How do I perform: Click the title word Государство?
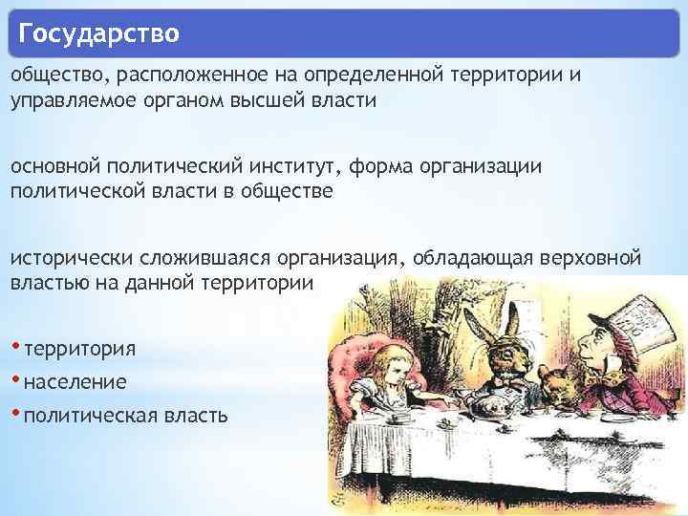click(98, 35)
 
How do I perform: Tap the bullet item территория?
click(80, 347)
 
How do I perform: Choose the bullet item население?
click(75, 381)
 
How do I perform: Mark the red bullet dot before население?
click(16, 378)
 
